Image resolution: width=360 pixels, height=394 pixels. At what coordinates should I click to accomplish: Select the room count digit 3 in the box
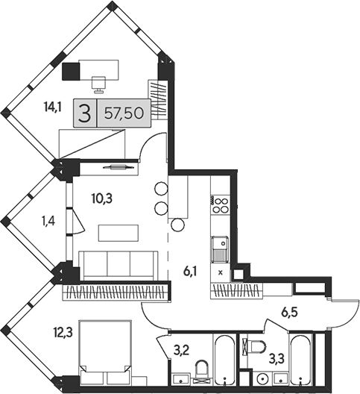tap(86, 114)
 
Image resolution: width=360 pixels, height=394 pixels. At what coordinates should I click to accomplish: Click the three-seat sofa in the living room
tap(118, 265)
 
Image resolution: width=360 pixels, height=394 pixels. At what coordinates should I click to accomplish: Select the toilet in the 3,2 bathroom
tap(200, 369)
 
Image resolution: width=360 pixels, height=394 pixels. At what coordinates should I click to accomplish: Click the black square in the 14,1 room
tap(71, 71)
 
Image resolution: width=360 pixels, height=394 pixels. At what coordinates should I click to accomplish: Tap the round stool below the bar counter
tap(177, 225)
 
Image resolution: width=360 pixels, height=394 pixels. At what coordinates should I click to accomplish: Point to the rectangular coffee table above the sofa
tap(118, 233)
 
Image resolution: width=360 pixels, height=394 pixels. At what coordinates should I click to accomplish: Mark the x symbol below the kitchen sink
tap(220, 272)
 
